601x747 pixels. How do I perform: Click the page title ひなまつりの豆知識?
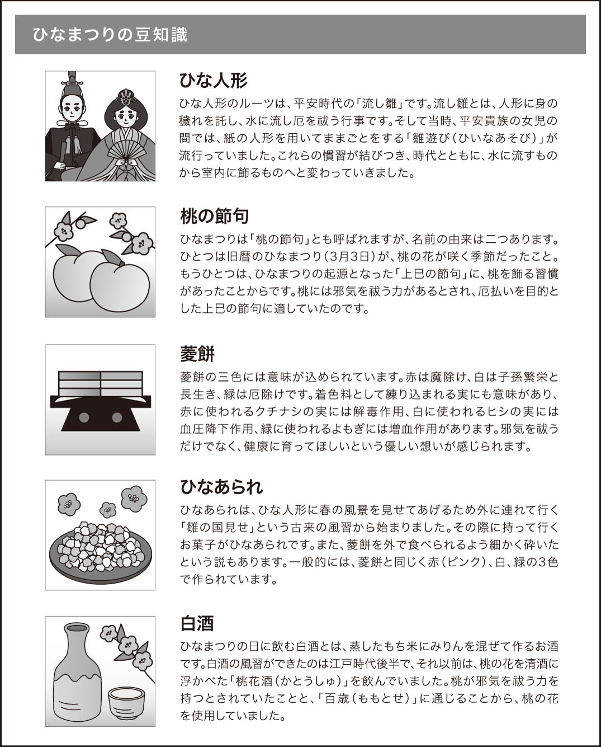click(110, 35)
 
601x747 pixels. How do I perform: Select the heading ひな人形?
click(213, 81)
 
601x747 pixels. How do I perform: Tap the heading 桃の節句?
click(215, 216)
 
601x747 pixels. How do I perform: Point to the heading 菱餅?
click(197, 354)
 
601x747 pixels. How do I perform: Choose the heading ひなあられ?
click(221, 487)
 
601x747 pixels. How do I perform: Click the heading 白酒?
click(197, 623)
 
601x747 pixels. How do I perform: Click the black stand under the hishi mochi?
click(101, 413)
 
